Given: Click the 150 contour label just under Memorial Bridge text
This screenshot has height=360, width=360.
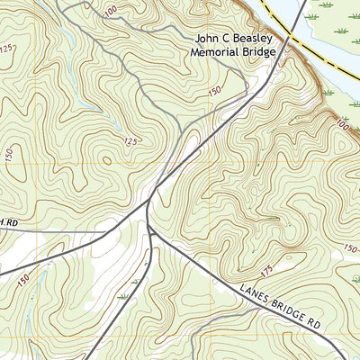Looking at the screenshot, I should pyautogui.click(x=215, y=91).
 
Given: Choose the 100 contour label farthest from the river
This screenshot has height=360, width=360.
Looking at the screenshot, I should pyautogui.click(x=111, y=10).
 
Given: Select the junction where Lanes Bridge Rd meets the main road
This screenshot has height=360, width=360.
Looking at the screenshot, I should pyautogui.click(x=152, y=232).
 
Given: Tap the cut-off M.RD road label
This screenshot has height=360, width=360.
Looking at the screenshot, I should pyautogui.click(x=8, y=222).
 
